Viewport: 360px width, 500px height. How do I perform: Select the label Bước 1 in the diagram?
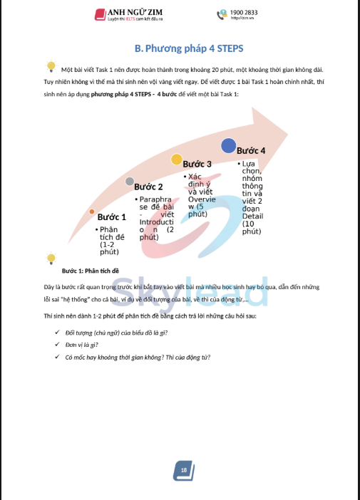pyautogui.click(x=112, y=217)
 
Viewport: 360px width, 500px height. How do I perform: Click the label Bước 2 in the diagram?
pyautogui.click(x=149, y=187)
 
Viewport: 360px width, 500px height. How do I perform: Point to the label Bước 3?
pyautogui.click(x=197, y=165)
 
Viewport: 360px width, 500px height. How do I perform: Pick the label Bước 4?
pyautogui.click(x=251, y=151)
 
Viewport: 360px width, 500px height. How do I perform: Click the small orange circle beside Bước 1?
pyautogui.click(x=92, y=212)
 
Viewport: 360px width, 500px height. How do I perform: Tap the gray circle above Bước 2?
pyautogui.click(x=130, y=182)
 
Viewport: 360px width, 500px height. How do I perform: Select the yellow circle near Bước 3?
pyautogui.click(x=175, y=160)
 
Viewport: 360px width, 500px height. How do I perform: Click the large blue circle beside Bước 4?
pyautogui.click(x=228, y=146)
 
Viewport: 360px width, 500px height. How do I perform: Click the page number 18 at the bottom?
pyautogui.click(x=183, y=470)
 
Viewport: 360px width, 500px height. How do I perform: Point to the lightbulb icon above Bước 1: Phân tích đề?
pyautogui.click(x=51, y=258)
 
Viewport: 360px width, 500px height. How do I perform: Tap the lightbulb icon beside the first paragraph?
pyautogui.click(x=51, y=67)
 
